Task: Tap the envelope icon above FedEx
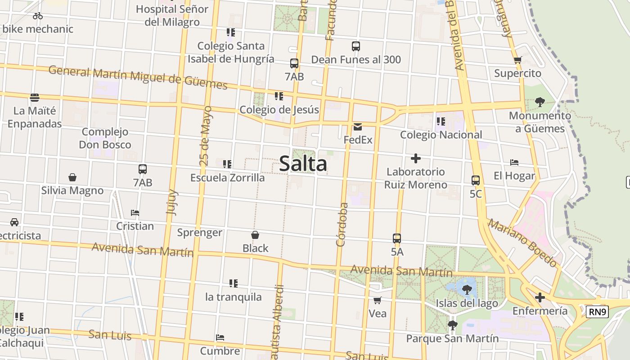click(x=358, y=127)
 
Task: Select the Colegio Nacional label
click(x=441, y=135)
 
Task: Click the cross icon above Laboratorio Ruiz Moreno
click(x=416, y=158)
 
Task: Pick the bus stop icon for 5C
click(x=476, y=180)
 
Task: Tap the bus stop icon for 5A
click(x=396, y=238)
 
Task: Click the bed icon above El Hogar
click(x=514, y=162)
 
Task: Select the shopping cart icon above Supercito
click(x=517, y=60)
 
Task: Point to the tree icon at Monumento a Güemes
click(x=540, y=103)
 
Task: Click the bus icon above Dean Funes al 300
click(x=356, y=46)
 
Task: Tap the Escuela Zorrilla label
click(x=227, y=178)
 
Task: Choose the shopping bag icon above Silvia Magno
click(x=72, y=177)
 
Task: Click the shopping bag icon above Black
click(x=255, y=235)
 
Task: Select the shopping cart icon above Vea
click(x=377, y=300)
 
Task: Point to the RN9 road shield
click(x=598, y=311)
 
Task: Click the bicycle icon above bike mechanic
click(x=38, y=16)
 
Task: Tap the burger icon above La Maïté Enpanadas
click(x=34, y=98)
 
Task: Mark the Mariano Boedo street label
click(x=523, y=243)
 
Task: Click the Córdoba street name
click(x=342, y=225)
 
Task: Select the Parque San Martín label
click(x=452, y=338)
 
